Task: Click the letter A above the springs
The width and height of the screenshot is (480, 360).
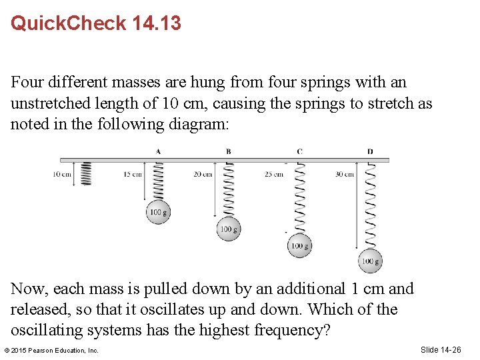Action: coord(158,151)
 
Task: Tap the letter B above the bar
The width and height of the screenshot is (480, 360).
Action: coord(228,151)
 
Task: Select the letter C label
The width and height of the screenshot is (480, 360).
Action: coord(299,151)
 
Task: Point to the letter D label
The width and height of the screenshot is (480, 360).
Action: coord(370,151)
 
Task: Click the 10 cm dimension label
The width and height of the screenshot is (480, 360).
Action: coord(62,174)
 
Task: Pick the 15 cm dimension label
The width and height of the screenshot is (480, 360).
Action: coord(132,174)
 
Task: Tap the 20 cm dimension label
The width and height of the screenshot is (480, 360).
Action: coord(203,174)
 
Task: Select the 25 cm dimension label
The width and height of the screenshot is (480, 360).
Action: coord(273,174)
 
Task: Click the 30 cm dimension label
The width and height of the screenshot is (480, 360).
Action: coord(344,174)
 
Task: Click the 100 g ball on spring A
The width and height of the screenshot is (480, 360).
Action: coord(158,212)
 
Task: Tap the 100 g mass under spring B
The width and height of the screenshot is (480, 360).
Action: coord(228,229)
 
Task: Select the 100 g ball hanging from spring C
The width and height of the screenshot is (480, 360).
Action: coord(299,246)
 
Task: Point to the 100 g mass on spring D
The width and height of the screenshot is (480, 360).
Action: coord(370,261)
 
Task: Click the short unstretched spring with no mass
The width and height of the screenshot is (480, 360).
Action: coord(85,174)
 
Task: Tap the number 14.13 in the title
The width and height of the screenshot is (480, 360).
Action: coord(157,23)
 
